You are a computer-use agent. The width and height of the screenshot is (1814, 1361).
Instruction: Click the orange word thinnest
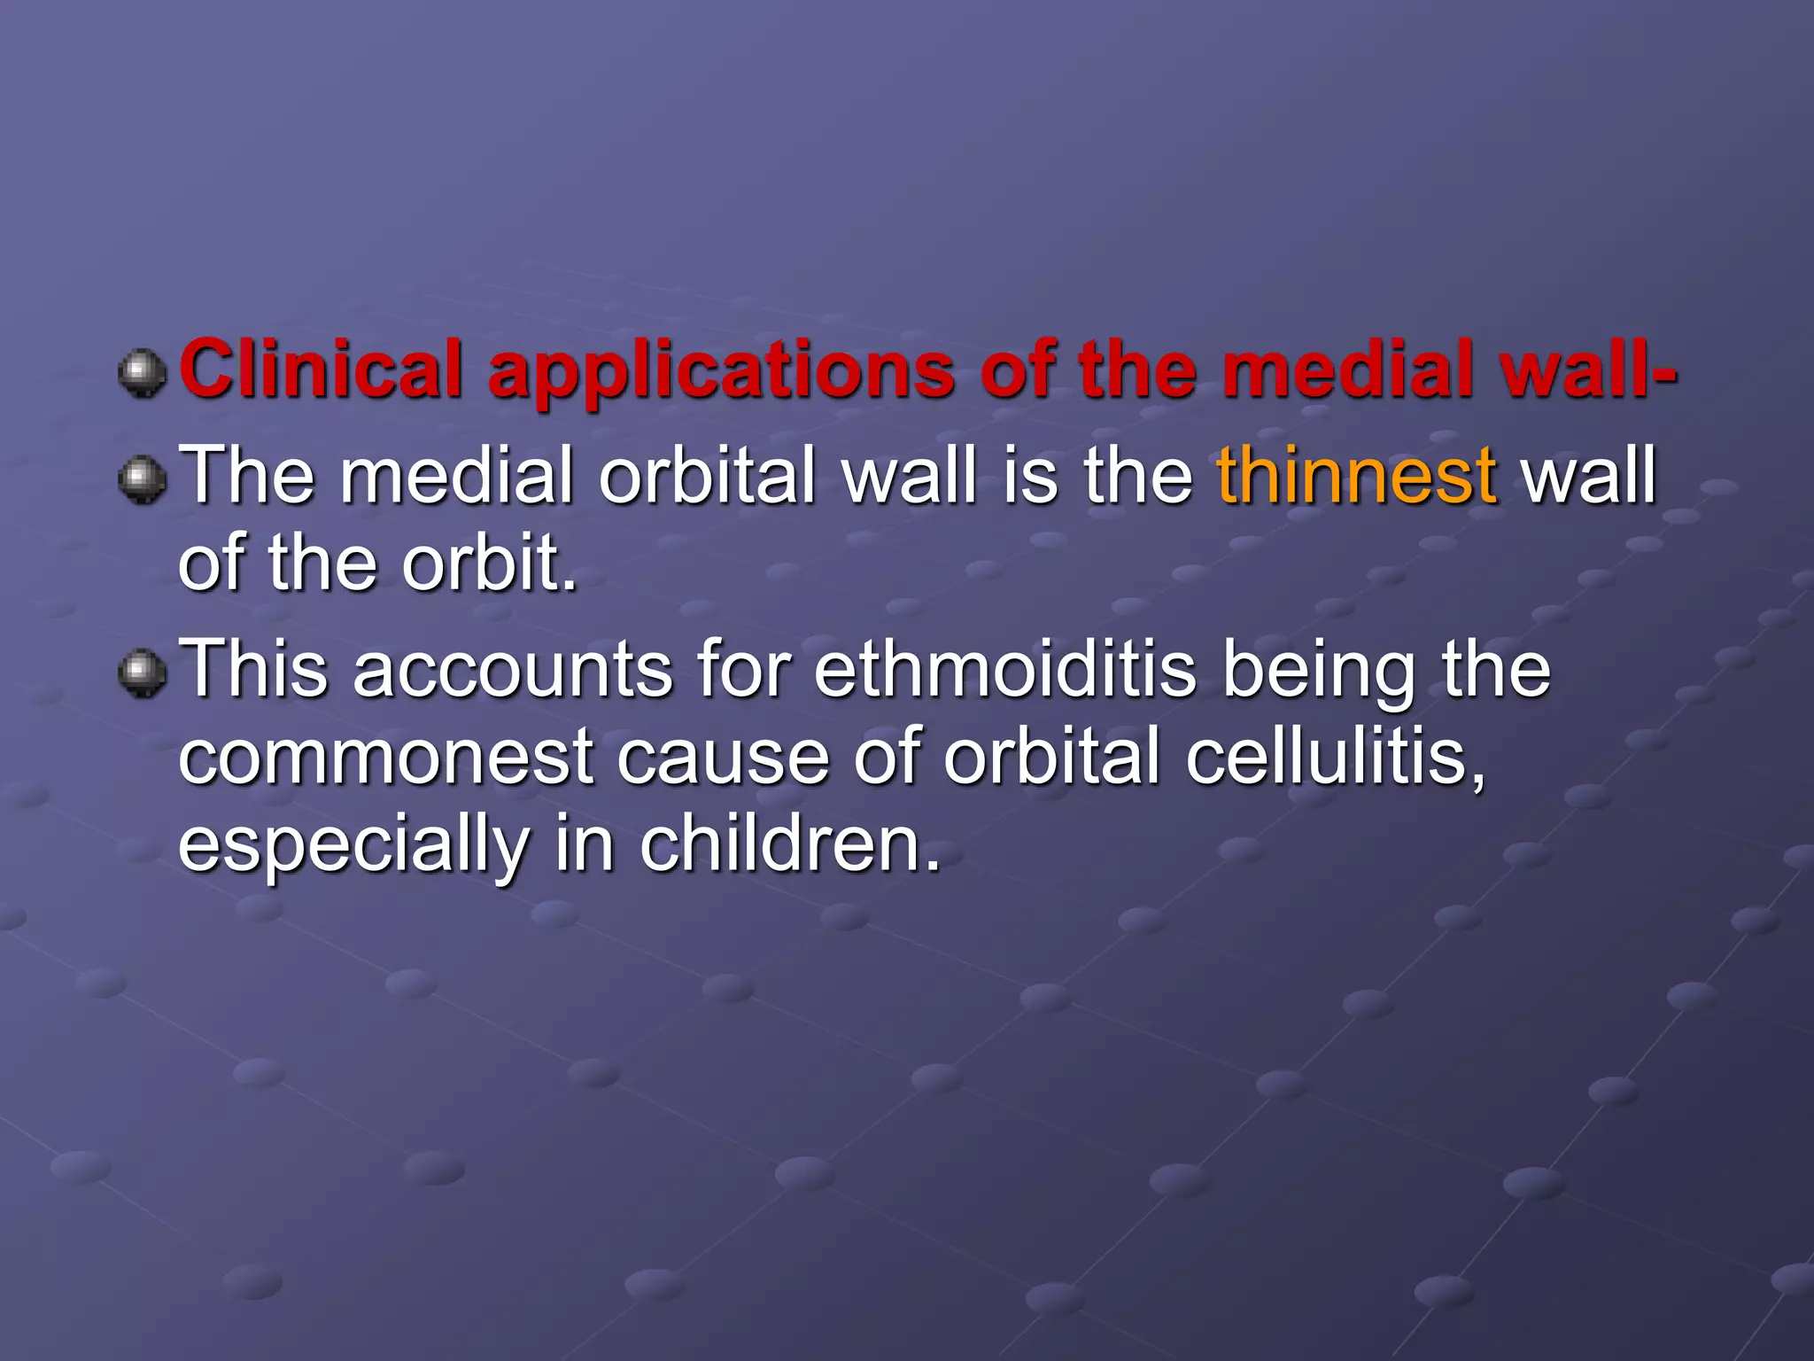[1356, 477]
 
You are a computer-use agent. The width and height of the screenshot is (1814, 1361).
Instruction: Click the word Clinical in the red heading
[322, 369]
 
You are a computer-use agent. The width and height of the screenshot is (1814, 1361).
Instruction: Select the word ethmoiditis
[1004, 669]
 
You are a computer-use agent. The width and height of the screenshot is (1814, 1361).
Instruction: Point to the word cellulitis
[1336, 758]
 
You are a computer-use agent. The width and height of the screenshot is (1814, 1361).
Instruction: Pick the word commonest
[385, 759]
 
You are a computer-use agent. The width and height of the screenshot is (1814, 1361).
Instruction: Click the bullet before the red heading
[143, 372]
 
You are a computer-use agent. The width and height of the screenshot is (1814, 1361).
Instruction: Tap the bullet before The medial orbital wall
[143, 479]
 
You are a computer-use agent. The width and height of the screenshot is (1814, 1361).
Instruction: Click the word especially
[353, 846]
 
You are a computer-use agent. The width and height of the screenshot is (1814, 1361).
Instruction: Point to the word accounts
[513, 671]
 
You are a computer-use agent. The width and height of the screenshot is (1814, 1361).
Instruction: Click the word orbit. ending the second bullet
[489, 564]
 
